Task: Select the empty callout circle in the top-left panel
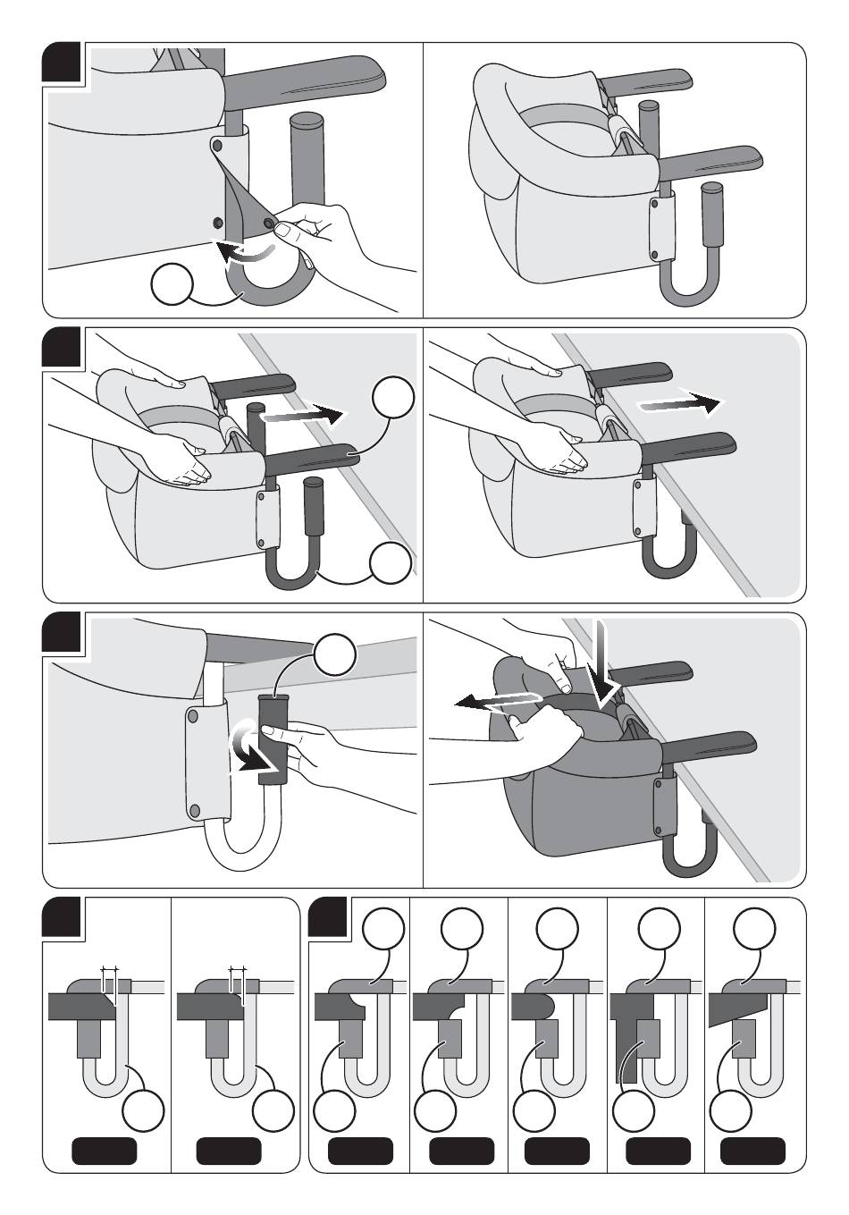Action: click(172, 285)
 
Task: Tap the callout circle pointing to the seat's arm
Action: click(393, 399)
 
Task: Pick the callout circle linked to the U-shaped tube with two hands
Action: click(391, 562)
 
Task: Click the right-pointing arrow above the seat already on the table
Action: click(677, 404)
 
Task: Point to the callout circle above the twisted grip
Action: click(335, 655)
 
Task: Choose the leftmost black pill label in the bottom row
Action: click(104, 1151)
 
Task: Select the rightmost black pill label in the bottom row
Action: click(752, 1151)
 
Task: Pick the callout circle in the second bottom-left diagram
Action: click(273, 1110)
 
